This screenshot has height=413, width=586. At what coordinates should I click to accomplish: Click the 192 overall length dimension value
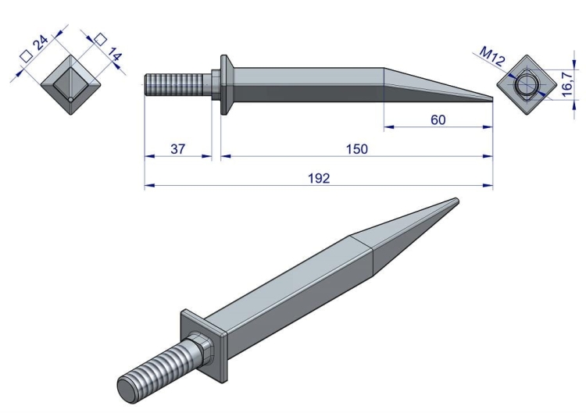pyautogui.click(x=319, y=179)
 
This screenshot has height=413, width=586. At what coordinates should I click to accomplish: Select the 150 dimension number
pyautogui.click(x=357, y=149)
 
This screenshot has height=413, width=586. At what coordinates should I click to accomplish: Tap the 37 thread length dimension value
pyautogui.click(x=177, y=149)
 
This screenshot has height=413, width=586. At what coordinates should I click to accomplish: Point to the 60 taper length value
pyautogui.click(x=438, y=120)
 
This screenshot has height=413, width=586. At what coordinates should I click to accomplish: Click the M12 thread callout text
pyautogui.click(x=492, y=55)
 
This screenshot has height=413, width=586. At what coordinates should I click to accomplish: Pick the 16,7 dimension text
pyautogui.click(x=567, y=84)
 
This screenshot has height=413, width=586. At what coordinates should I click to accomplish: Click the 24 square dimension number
pyautogui.click(x=41, y=43)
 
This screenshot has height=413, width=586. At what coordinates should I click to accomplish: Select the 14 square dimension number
pyautogui.click(x=114, y=55)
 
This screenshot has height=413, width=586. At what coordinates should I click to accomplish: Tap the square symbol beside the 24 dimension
pyautogui.click(x=27, y=56)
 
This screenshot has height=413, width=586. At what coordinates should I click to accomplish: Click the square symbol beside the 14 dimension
pyautogui.click(x=100, y=39)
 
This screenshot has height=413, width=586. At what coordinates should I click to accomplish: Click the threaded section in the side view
pyautogui.click(x=174, y=85)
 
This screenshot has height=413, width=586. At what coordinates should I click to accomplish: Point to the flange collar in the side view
pyautogui.click(x=225, y=85)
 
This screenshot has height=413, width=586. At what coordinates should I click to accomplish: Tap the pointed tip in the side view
pyautogui.click(x=491, y=99)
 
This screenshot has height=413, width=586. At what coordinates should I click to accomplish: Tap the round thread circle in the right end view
pyautogui.click(x=526, y=85)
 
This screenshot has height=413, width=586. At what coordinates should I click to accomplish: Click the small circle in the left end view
pyautogui.click(x=70, y=100)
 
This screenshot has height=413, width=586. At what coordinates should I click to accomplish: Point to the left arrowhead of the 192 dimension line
pyautogui.click(x=149, y=185)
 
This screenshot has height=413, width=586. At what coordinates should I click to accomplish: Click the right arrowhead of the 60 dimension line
pyautogui.click(x=488, y=127)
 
